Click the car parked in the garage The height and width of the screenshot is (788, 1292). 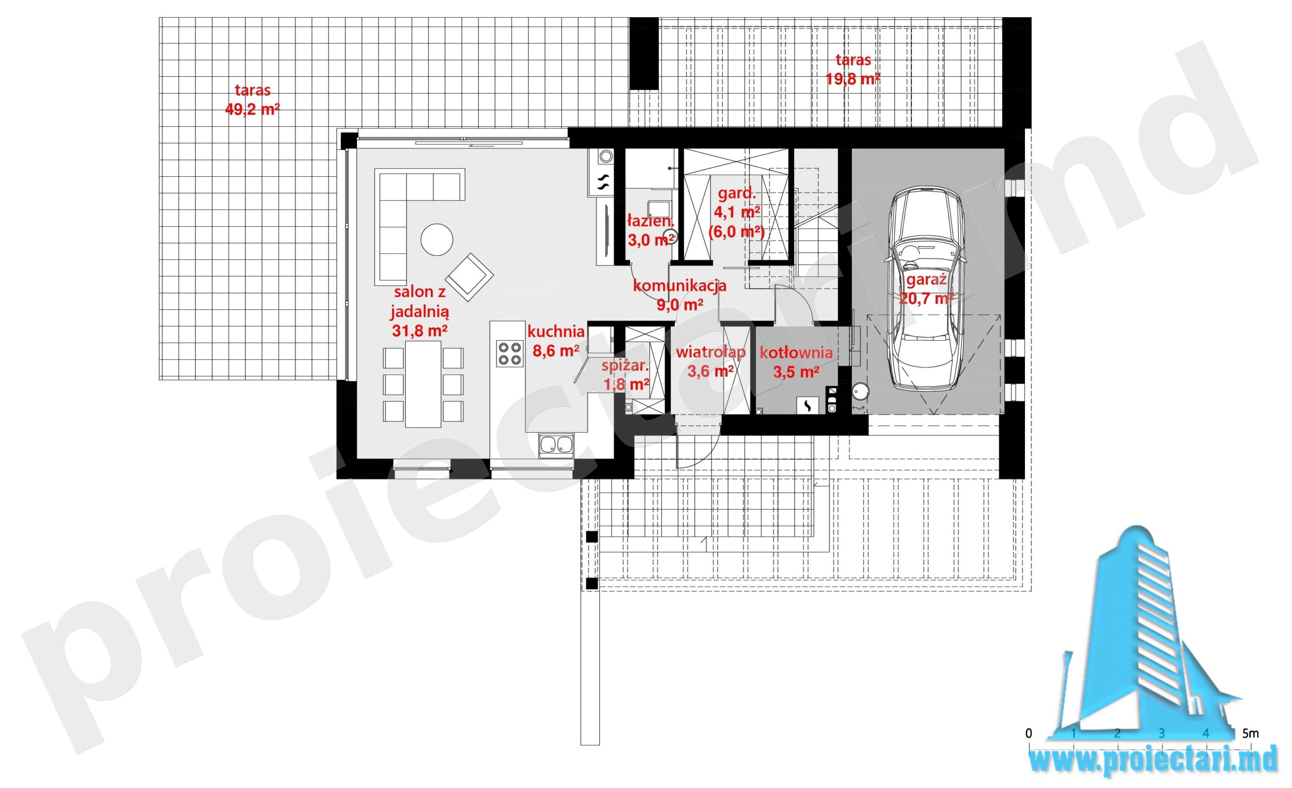click(927, 289)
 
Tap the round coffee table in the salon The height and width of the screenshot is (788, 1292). click(437, 240)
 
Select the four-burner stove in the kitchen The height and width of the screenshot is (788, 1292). click(510, 353)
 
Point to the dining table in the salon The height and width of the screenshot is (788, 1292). click(423, 384)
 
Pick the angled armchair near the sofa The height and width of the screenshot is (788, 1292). click(469, 277)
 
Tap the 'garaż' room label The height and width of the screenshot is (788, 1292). click(926, 280)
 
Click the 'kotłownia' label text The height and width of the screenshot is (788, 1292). click(796, 352)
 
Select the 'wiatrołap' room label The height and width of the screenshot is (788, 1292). click(711, 352)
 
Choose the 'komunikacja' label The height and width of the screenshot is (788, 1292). click(679, 286)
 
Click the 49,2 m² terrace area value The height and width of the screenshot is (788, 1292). click(252, 109)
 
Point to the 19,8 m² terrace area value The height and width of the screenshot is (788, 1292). click(853, 79)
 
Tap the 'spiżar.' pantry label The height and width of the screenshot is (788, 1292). click(625, 365)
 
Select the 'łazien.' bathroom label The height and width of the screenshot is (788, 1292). click(650, 221)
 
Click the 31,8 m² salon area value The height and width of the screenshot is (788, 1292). click(419, 331)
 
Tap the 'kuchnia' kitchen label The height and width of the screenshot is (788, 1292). click(556, 332)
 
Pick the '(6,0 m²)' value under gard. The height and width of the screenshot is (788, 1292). click(736, 231)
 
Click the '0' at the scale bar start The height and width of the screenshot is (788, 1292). click(1029, 733)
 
